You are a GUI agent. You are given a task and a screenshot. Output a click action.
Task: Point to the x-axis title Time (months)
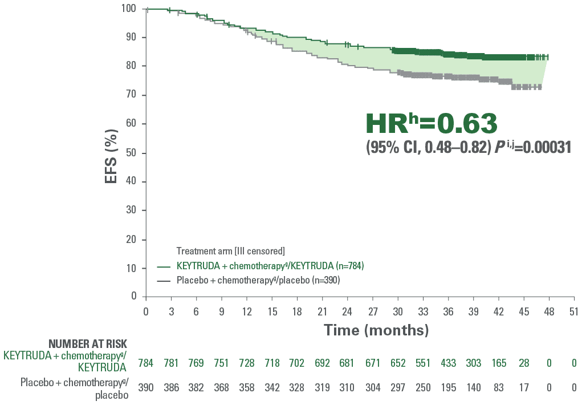pyautogui.click(x=376, y=330)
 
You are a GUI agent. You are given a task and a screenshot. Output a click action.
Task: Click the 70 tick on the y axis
pyautogui.click(x=132, y=95)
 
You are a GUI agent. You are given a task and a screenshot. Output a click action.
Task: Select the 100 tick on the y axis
pyautogui.click(x=129, y=8)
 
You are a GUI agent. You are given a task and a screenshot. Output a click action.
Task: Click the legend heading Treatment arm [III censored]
pyautogui.click(x=230, y=251)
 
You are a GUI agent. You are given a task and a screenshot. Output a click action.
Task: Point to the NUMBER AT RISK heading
pyautogui.click(x=88, y=343)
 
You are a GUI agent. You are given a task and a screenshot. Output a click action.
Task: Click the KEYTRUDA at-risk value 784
pyautogui.click(x=146, y=363)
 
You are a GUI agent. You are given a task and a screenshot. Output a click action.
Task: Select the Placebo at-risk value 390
pyautogui.click(x=146, y=388)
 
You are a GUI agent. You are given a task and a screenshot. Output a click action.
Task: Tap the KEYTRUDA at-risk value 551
pyautogui.click(x=422, y=363)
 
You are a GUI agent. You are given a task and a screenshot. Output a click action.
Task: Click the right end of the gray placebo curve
pyautogui.click(x=540, y=87)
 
